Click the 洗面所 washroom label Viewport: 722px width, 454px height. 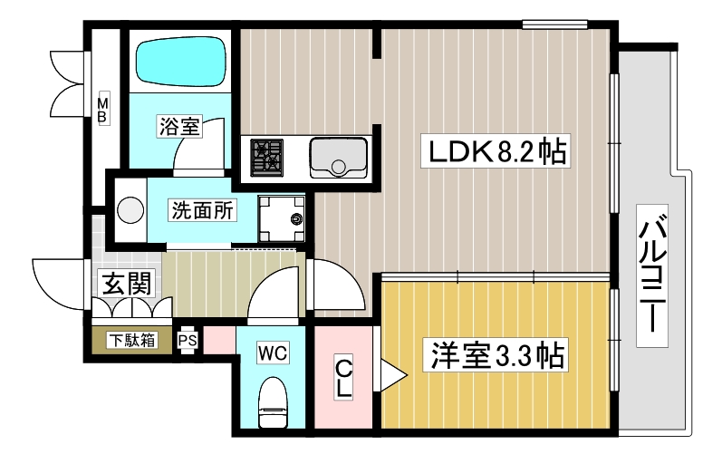pyautogui.click(x=202, y=210)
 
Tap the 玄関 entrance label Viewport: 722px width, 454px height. pyautogui.click(x=126, y=285)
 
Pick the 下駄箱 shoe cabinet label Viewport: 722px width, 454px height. pyautogui.click(x=133, y=341)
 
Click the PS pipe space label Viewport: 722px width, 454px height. pyautogui.click(x=188, y=341)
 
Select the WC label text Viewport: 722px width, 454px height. pyautogui.click(x=273, y=353)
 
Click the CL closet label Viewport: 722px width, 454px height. pyautogui.click(x=345, y=378)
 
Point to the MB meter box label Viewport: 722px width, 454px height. pyautogui.click(x=103, y=109)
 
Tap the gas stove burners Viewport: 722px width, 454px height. pyautogui.click(x=267, y=156)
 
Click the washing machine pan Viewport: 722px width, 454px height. pyautogui.click(x=284, y=218)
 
